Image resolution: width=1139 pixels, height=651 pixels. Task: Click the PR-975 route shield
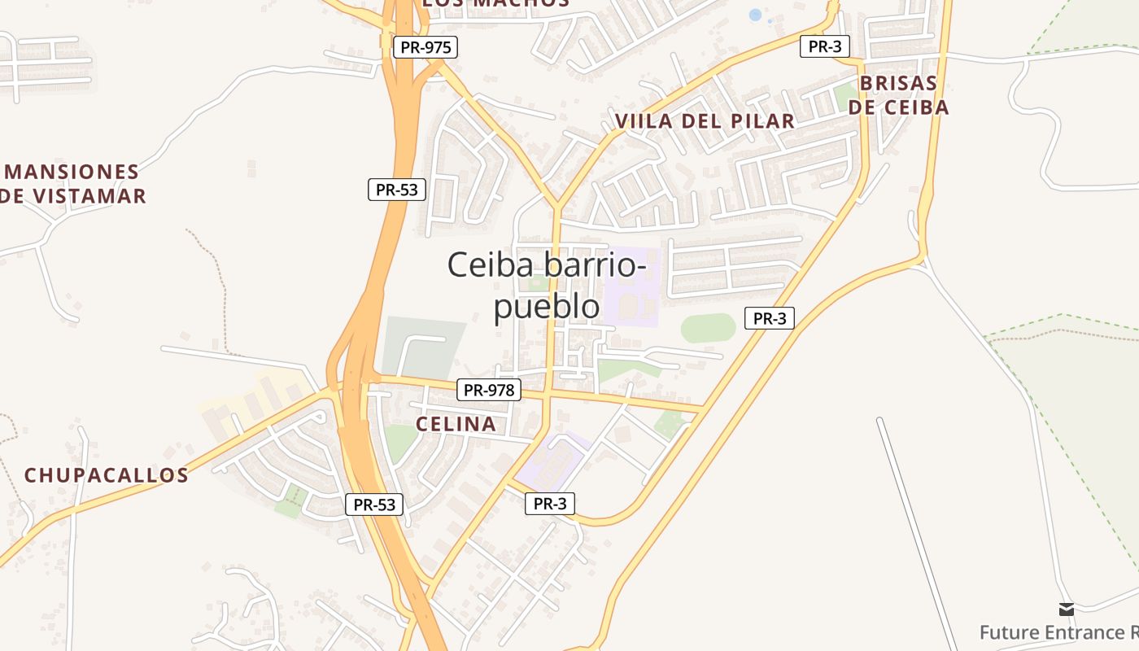[425, 47]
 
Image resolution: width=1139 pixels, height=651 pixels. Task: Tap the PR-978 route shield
[488, 390]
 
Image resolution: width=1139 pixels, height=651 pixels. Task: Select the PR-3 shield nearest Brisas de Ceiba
[825, 46]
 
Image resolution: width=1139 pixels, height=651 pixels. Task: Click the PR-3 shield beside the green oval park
[769, 318]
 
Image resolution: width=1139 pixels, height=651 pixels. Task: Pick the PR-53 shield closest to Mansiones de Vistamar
[396, 190]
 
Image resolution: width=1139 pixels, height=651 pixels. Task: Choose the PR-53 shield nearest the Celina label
[374, 505]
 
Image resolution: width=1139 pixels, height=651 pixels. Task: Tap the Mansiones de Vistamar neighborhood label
[73, 184]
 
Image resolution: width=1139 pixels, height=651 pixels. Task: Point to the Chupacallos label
[106, 475]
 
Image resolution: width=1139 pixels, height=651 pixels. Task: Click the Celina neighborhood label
[456, 424]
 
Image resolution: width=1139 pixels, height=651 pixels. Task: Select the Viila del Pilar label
[705, 121]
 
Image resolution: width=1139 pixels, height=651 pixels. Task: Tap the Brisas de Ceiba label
[898, 95]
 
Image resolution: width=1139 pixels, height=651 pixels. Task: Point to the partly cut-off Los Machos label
[495, 3]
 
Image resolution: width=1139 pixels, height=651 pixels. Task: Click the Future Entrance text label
[1058, 632]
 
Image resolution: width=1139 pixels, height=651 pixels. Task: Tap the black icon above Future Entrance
[1066, 609]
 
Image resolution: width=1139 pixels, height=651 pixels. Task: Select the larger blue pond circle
[755, 15]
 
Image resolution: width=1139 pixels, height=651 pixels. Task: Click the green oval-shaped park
[708, 328]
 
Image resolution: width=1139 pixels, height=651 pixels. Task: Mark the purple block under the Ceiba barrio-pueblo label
[632, 287]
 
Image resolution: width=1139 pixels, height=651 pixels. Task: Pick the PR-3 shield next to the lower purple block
[550, 504]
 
